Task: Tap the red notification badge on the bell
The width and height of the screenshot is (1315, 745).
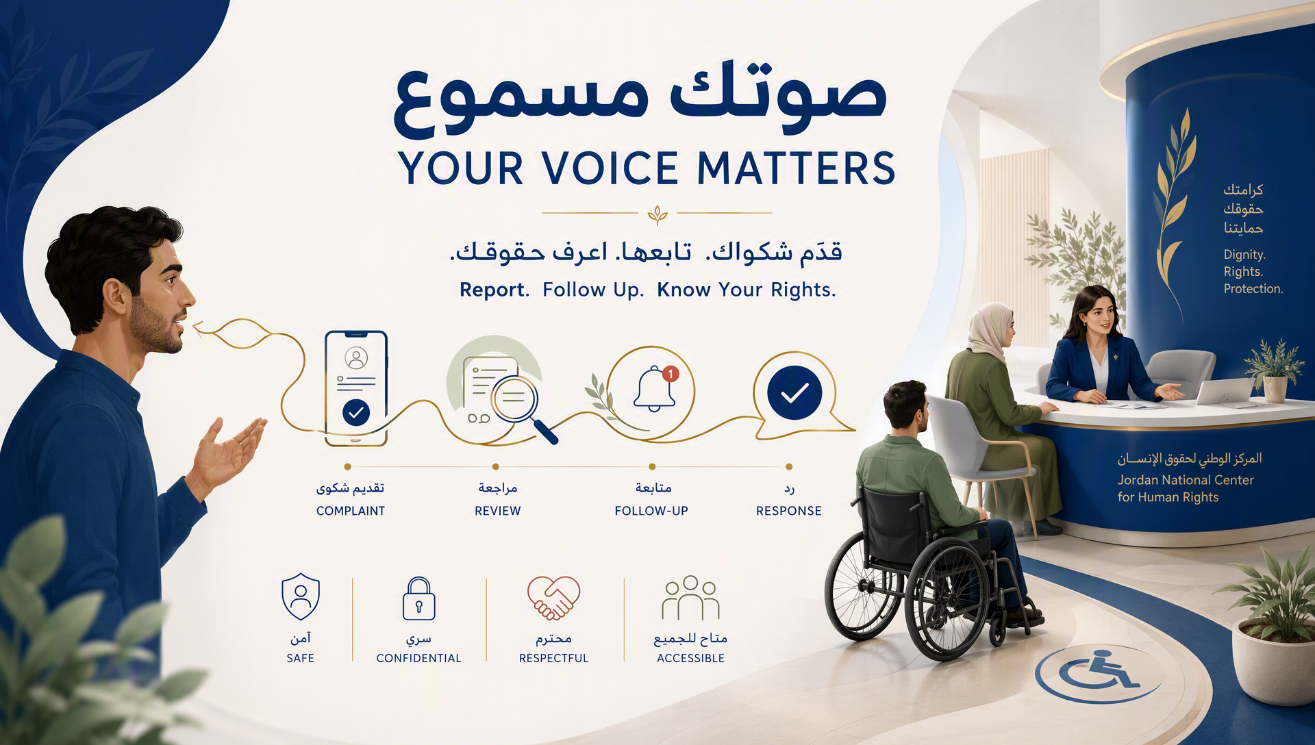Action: pos(671,373)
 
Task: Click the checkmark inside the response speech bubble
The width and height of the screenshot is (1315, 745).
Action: pos(794,392)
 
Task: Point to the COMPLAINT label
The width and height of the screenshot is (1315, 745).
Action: pos(351,511)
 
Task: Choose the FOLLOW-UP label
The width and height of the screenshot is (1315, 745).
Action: pos(651,511)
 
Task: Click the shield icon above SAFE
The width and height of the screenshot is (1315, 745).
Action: pos(301,596)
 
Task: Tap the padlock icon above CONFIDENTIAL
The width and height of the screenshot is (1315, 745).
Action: pos(418,598)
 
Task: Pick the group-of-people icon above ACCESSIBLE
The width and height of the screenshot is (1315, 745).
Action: pos(690,598)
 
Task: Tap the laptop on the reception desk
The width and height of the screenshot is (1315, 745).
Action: pos(1224,392)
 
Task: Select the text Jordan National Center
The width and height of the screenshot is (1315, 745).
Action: pos(1186,480)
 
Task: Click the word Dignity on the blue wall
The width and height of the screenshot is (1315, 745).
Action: pos(1244,255)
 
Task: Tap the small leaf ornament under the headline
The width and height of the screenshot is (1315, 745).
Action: pos(657,214)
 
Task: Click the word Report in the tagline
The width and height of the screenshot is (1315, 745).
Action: pos(494,290)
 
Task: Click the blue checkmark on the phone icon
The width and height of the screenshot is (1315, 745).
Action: pos(355,412)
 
